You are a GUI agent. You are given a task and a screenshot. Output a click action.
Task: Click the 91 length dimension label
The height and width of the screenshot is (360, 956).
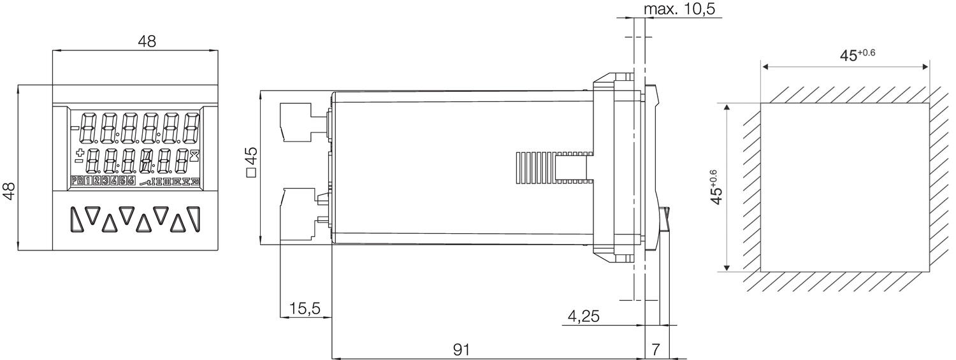463,349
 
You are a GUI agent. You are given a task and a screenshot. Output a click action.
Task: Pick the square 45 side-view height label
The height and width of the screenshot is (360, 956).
251,162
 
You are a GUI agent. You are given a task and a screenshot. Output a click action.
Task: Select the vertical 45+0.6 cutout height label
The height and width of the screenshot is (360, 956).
717,187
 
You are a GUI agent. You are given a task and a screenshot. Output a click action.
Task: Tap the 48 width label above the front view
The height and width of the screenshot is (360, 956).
147,41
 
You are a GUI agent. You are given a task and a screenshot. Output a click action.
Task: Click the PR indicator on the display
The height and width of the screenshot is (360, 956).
77,182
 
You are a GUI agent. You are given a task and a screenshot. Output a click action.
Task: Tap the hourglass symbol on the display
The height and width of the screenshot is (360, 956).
194,154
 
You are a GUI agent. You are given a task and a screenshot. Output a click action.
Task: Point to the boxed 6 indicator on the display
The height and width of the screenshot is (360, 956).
131,182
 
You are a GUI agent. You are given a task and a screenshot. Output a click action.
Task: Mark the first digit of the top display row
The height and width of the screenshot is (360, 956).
89,128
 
